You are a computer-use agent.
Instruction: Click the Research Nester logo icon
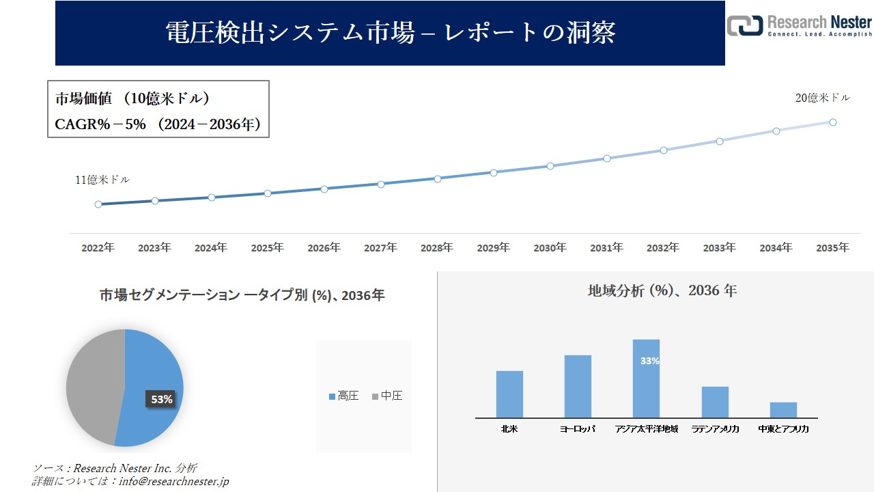coord(744,25)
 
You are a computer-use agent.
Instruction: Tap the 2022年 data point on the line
coord(98,204)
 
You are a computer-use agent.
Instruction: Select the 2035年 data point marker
coord(833,122)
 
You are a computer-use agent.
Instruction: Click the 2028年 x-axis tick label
coord(437,248)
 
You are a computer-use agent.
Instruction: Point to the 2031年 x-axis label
coord(606,248)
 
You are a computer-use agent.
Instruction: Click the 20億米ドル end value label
coord(823,98)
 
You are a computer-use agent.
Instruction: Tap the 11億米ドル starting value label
coord(102,180)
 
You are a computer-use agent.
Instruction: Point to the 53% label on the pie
coord(162,399)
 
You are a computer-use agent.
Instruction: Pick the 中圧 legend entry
coord(387,396)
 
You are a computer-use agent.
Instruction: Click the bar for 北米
coord(509,394)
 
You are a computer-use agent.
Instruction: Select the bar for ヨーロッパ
coord(578,386)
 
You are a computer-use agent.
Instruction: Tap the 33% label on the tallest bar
coord(650,361)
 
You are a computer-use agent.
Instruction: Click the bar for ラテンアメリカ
coord(715,402)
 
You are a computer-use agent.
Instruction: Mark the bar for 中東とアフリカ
coord(783,410)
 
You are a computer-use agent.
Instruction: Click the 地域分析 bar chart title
coord(662,290)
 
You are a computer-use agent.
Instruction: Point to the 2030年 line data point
coord(550,166)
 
